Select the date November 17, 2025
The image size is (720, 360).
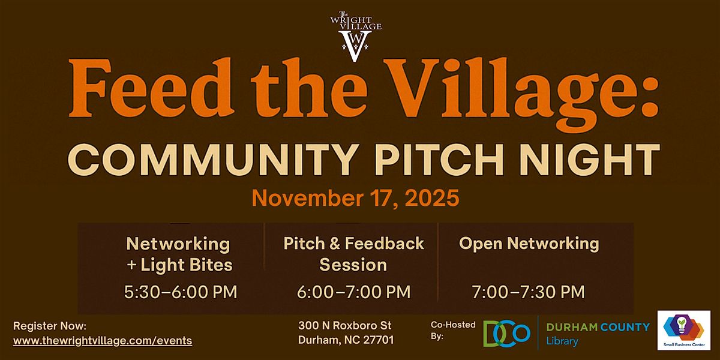coord(355,197)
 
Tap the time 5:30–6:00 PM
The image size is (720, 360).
coord(181,292)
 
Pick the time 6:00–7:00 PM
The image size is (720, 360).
coord(353,292)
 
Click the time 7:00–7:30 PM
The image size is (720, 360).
coord(528,292)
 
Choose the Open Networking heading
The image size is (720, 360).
coord(529,243)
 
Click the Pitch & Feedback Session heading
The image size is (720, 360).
coord(353,253)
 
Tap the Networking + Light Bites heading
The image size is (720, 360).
coord(178,253)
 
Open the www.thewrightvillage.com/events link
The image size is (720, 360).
coord(103,340)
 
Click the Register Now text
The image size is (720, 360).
coord(50,326)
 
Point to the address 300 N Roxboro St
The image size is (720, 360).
coord(345,326)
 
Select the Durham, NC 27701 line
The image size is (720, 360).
coord(346,340)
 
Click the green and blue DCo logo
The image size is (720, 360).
coord(507,334)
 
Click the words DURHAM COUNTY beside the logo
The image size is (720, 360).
coord(598,327)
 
